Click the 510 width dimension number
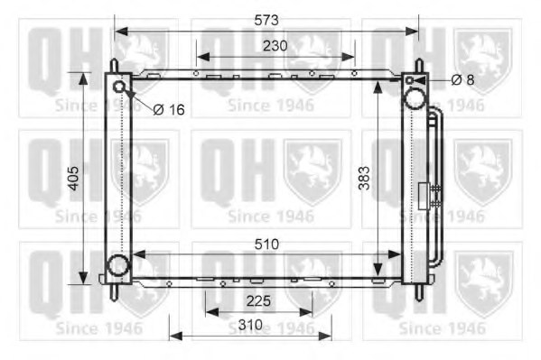tap(266, 244)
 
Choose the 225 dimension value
tap(258, 301)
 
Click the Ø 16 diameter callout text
tap(168, 109)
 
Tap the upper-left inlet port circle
tap(119, 87)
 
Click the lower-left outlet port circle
tap(117, 265)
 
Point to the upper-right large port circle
tap(414, 98)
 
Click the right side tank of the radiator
tap(415, 180)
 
